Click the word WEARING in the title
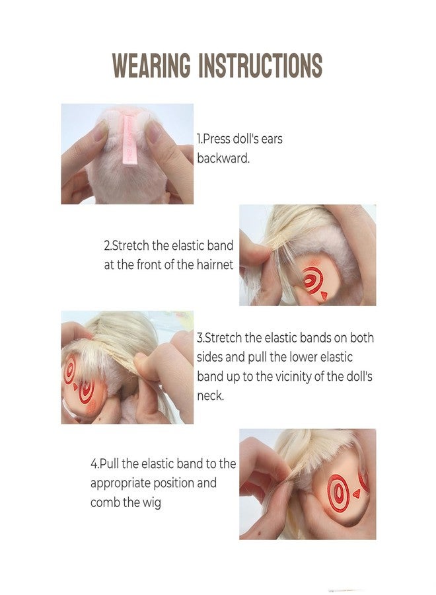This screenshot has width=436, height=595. coord(152,65)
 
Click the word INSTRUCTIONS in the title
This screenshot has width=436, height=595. coord(260,65)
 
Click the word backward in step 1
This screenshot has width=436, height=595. coord(223,158)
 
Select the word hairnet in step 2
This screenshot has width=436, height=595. coord(215,264)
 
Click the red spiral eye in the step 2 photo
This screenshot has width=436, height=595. coord(312,280)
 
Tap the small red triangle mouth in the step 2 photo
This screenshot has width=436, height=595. coord(324,296)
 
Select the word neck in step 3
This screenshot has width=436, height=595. coord(210,396)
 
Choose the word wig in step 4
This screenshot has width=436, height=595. coord(152,503)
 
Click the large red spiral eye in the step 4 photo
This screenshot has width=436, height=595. coord(338,493)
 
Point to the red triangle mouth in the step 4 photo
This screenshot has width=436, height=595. coord(356,494)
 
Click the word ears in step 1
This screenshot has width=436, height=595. coord(272,139)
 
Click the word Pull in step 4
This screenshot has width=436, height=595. coord(110,463)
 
